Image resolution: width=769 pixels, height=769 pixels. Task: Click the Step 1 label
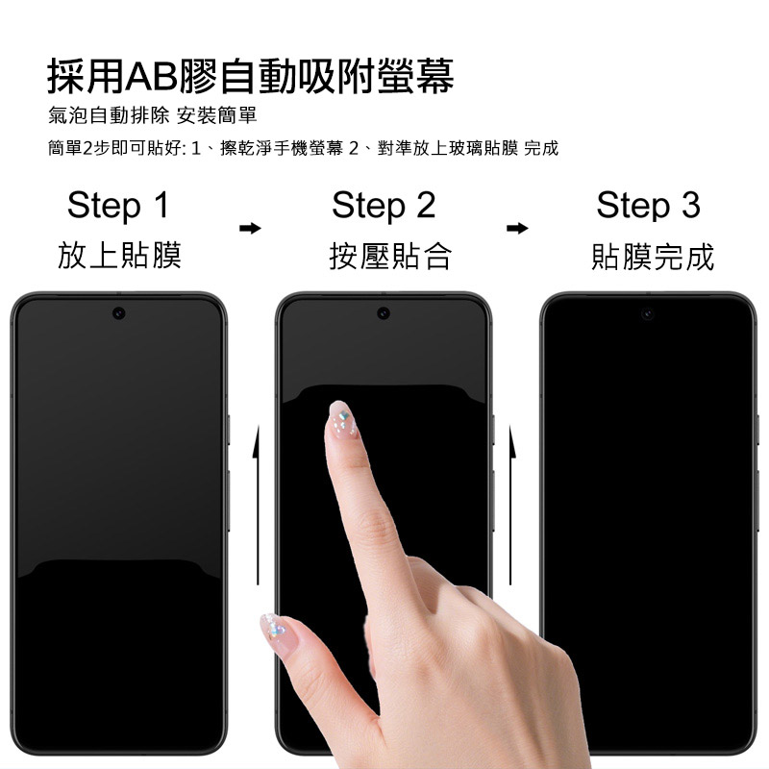(118, 206)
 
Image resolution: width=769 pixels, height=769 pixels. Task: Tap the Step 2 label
(384, 206)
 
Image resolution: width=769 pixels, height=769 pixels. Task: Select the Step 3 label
(648, 206)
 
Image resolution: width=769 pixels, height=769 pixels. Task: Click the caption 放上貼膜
(119, 256)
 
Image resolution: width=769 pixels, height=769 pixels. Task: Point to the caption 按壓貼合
(390, 256)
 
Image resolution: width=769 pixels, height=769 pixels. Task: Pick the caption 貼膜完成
(653, 257)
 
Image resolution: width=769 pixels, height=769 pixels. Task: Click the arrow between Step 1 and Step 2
(250, 228)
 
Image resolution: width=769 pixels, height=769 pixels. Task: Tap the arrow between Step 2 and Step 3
(517, 228)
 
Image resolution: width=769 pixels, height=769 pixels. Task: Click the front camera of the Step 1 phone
(118, 313)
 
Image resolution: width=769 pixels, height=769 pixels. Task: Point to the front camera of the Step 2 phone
(384, 313)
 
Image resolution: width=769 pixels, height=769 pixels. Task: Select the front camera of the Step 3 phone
(648, 313)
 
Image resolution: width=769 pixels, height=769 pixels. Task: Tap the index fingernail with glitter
(343, 418)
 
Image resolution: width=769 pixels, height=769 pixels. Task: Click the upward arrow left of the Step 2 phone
(257, 506)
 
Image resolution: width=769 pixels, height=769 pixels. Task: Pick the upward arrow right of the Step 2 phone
(511, 506)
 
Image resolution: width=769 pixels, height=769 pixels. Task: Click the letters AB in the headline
(151, 77)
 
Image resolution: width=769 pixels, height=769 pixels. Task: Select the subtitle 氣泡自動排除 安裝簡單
(153, 115)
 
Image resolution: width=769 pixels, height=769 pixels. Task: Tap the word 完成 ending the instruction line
(541, 148)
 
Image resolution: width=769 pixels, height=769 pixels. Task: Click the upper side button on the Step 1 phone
(229, 430)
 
